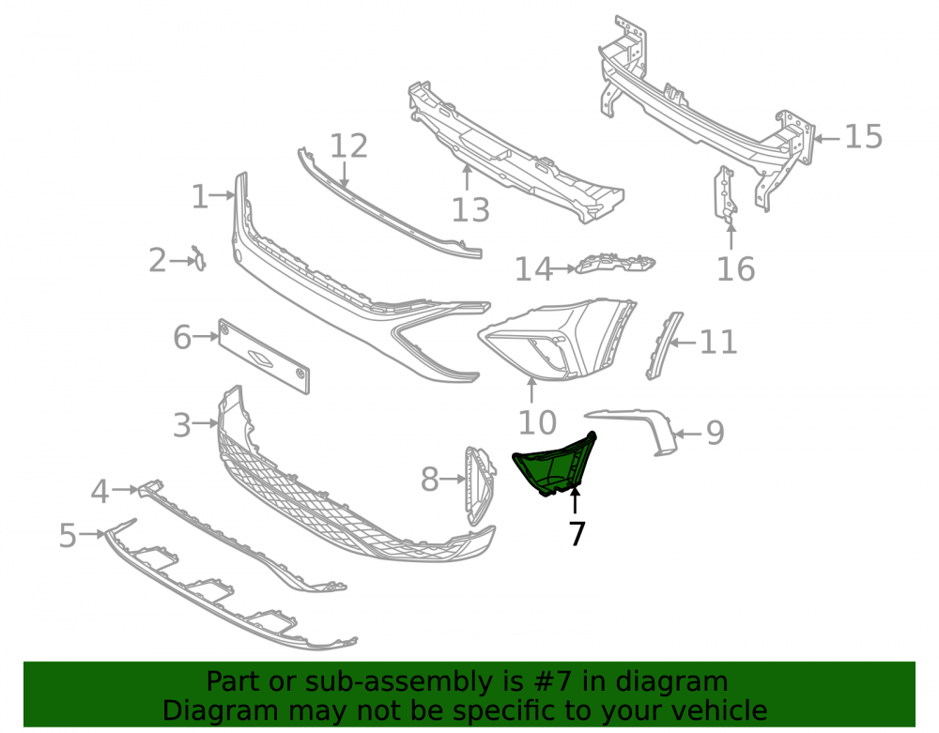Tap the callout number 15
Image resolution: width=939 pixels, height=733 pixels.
[x=863, y=137]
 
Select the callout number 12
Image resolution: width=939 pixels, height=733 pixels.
[x=348, y=146]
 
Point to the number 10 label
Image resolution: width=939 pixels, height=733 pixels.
[x=537, y=423]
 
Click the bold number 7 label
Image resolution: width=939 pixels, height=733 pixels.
[x=577, y=534]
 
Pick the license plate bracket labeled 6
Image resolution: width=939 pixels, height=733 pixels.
[x=264, y=356]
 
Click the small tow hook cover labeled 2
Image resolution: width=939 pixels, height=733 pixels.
[x=199, y=258]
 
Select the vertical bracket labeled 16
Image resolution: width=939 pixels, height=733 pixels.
[x=725, y=195]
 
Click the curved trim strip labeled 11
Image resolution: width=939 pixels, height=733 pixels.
[x=664, y=346]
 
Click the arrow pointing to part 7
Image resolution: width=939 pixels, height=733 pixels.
[x=575, y=501]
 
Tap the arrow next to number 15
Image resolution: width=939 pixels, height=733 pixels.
[x=826, y=138]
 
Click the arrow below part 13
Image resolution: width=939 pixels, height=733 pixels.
[x=467, y=177]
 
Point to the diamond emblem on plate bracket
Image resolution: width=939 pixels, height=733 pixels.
[x=260, y=358]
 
